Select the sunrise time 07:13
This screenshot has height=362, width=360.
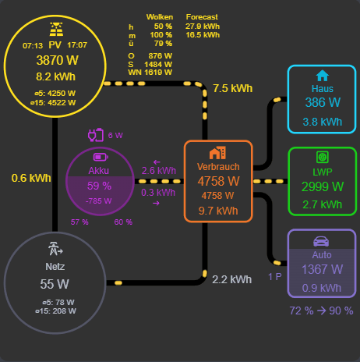point(33,45)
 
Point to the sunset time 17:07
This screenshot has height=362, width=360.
point(78,45)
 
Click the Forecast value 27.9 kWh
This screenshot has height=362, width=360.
point(203,26)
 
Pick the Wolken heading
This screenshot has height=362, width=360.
point(160,16)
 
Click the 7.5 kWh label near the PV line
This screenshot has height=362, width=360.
point(232,89)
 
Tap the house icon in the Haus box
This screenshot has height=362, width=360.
point(322,76)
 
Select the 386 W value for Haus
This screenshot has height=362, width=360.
point(322,103)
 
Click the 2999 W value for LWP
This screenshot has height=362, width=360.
point(322,186)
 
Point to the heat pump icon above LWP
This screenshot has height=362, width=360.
point(322,156)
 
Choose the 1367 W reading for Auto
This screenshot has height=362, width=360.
point(322,269)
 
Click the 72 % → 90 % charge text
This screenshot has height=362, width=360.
point(322,311)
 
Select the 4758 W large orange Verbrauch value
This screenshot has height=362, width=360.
point(218,181)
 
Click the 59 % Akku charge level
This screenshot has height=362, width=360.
point(99,186)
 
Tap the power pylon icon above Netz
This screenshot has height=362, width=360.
point(55,250)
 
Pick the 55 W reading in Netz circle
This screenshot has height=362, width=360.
point(55,283)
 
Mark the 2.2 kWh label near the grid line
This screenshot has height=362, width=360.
point(232,279)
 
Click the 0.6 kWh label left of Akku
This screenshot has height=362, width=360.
point(31,178)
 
